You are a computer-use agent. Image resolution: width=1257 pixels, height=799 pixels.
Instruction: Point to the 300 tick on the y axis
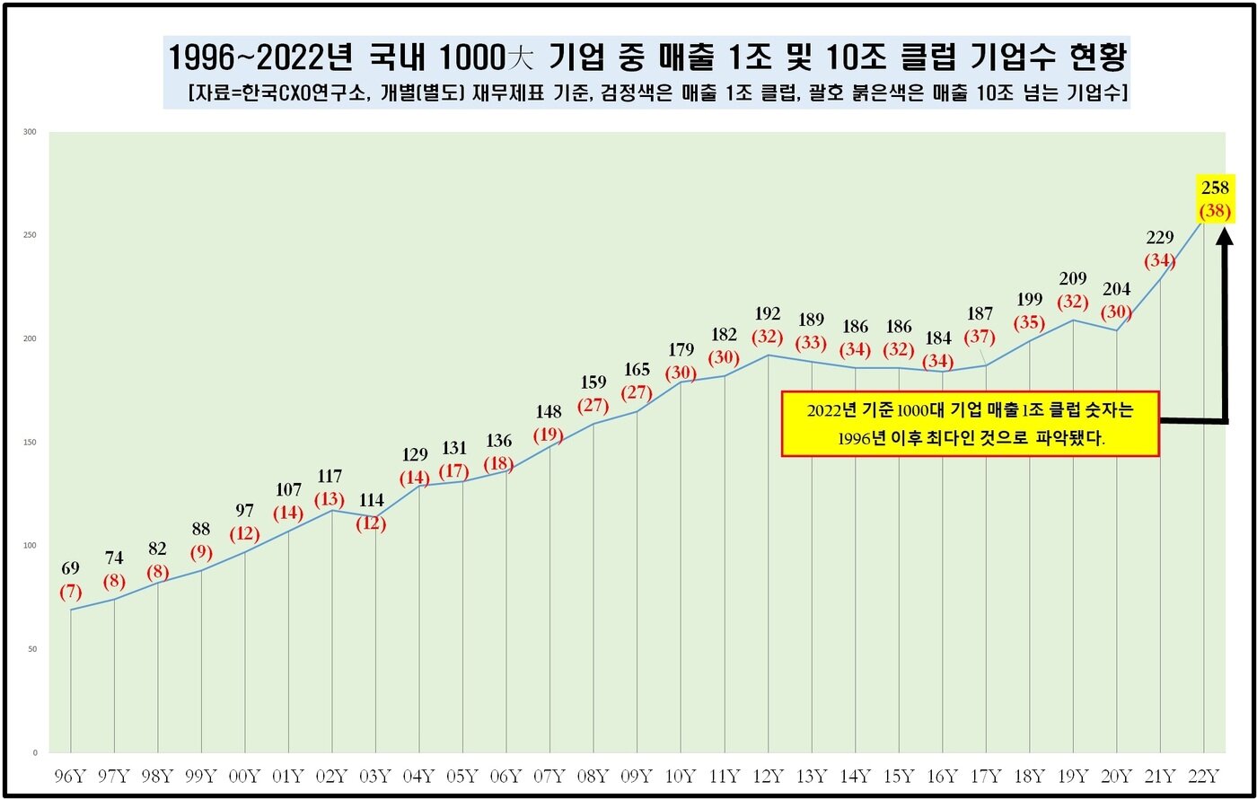[x=30, y=132]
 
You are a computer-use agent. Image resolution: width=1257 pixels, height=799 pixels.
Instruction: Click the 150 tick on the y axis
[x=30, y=443]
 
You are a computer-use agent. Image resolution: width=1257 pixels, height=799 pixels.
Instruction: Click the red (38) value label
[x=1216, y=212]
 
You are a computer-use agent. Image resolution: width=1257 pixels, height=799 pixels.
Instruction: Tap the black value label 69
[x=72, y=568]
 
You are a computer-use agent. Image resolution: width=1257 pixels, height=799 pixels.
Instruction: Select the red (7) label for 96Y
[x=72, y=593]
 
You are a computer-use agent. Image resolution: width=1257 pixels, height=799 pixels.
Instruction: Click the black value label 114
[x=371, y=500]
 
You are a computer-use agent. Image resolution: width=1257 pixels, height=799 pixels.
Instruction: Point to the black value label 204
[x=1116, y=289]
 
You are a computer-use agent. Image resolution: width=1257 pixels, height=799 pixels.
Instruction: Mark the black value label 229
[x=1160, y=237]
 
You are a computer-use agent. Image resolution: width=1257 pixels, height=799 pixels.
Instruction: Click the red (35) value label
[x=1029, y=323]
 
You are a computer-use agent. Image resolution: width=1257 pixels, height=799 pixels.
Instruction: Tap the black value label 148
[x=548, y=412]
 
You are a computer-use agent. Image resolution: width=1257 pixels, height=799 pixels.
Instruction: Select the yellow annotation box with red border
[x=970, y=424]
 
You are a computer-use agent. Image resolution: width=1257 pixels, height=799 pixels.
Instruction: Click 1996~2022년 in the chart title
[x=265, y=58]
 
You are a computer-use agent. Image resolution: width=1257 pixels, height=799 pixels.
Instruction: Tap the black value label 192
[x=769, y=314]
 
